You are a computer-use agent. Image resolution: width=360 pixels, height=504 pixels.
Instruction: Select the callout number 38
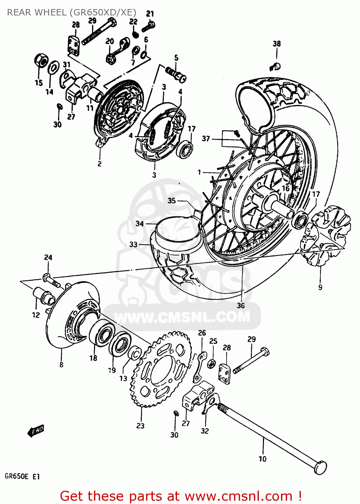point(276,44)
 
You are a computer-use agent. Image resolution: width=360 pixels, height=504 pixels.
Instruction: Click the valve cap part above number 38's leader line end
point(275,67)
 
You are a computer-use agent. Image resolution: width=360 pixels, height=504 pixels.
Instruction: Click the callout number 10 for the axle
point(262,459)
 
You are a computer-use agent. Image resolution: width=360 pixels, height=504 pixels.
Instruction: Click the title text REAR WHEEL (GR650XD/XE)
point(72,12)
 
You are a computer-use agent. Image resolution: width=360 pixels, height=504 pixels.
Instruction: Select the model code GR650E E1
point(22,476)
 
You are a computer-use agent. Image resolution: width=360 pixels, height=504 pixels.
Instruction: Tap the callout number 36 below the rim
point(241,305)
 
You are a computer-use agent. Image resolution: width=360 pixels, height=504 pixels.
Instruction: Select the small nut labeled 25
point(212,364)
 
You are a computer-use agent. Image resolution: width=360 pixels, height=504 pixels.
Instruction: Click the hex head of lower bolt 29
point(265,352)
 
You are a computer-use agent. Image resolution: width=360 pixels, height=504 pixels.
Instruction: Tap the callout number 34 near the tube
point(139,223)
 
